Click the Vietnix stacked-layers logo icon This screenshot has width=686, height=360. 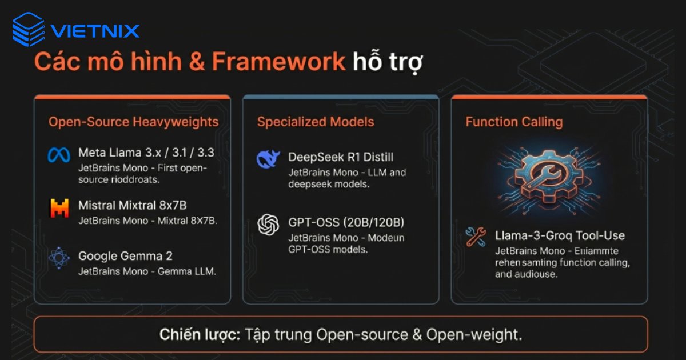click(28, 29)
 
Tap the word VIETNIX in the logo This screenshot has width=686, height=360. click(95, 30)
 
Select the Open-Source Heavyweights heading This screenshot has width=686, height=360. click(133, 122)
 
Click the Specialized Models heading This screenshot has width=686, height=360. click(316, 122)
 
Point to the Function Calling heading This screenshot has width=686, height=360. click(514, 122)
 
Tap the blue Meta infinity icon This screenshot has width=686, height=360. click(59, 154)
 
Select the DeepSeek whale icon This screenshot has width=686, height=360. click(268, 159)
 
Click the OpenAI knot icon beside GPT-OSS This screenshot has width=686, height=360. click(268, 225)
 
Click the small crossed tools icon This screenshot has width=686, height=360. click(476, 237)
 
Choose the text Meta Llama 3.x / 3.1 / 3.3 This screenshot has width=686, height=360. click(146, 153)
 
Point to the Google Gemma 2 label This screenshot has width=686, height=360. click(125, 256)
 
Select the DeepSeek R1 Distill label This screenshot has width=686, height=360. click(341, 157)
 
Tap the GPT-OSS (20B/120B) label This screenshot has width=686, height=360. click(346, 222)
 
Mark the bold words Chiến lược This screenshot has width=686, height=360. click(200, 334)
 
